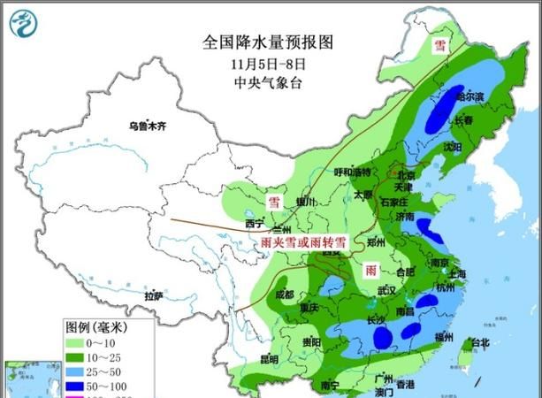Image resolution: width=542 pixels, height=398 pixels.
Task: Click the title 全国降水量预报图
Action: click(271, 42)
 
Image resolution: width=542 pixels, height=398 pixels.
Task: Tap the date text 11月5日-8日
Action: click(270, 63)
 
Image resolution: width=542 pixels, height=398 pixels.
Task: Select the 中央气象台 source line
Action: click(270, 82)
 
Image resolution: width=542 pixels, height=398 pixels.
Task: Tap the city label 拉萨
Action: click(155, 295)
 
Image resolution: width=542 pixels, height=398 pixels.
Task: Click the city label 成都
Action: click(285, 295)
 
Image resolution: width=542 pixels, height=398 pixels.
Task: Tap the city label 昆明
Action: click(268, 359)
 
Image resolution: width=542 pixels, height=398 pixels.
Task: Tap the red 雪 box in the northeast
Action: click(439, 46)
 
